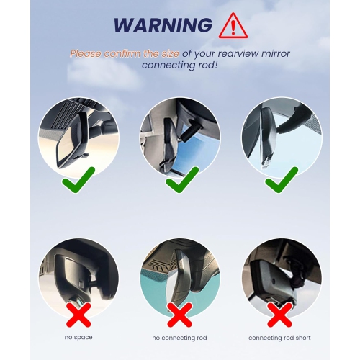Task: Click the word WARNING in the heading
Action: (163, 25)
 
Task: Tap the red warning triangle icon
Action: (231, 26)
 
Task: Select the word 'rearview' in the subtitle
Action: (265, 53)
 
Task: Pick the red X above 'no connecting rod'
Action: (179, 314)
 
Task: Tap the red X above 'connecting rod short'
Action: (280, 314)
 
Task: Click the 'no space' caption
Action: (78, 337)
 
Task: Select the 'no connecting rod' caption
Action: (179, 337)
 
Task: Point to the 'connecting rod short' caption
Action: (280, 337)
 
